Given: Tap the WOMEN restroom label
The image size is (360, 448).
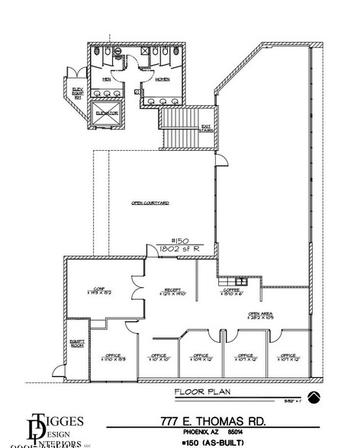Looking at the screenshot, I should coord(162,78).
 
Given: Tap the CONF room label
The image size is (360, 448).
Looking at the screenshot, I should coord(98,288).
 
